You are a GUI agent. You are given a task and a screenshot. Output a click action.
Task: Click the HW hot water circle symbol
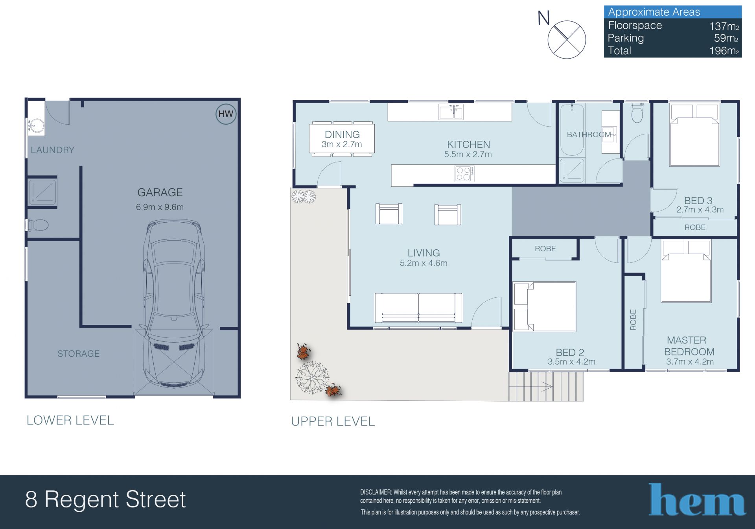[x=226, y=114]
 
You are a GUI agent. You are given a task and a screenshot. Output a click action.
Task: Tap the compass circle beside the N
[x=567, y=40]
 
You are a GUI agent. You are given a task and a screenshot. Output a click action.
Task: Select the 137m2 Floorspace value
[x=724, y=26]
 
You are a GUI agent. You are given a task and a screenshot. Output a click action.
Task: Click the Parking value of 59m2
[x=726, y=38]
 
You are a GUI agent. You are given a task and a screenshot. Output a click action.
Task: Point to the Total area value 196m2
[x=724, y=51]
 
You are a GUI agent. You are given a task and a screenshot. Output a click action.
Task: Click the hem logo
[x=697, y=500]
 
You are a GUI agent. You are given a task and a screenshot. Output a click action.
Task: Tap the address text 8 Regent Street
[x=105, y=500]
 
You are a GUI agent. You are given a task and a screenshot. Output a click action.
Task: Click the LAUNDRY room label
[x=53, y=150]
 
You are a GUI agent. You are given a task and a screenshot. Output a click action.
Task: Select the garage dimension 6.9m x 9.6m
[x=160, y=207]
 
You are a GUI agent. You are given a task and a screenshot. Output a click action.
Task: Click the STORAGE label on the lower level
[x=79, y=354]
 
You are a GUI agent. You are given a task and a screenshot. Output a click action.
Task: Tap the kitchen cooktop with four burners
[x=464, y=174]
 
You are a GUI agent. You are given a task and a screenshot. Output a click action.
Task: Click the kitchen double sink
[x=451, y=112]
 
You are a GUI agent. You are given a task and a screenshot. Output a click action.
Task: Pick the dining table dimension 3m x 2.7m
[x=342, y=144]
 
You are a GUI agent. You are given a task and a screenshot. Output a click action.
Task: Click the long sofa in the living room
[x=418, y=308]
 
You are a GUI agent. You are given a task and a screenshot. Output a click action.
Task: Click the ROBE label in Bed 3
[x=695, y=227]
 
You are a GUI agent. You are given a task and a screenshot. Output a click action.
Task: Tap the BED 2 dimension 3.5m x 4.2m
[x=571, y=362]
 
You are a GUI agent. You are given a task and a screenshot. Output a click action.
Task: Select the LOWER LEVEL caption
[x=70, y=420]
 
